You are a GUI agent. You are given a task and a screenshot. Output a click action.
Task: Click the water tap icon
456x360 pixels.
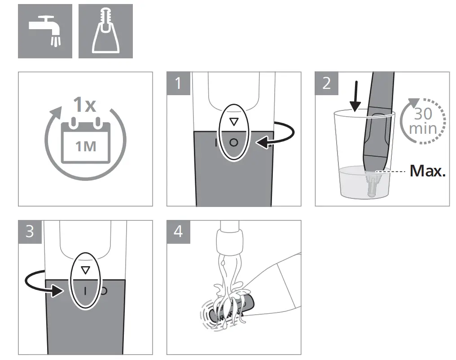click(45, 31)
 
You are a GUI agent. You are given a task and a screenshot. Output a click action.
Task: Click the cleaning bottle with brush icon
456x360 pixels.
click(105, 31)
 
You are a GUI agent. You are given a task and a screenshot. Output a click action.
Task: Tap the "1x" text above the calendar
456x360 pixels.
click(85, 105)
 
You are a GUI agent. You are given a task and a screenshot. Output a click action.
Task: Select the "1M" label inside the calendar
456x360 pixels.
click(86, 146)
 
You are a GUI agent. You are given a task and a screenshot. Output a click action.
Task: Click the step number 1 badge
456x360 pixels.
click(178, 83)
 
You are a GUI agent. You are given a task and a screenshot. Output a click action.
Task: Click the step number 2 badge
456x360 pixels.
click(326, 83)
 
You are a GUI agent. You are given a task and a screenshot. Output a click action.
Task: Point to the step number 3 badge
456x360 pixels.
click(30, 232)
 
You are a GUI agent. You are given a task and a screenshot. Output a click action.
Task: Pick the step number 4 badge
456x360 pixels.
click(178, 232)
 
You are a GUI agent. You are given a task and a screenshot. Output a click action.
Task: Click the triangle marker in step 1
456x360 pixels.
click(232, 122)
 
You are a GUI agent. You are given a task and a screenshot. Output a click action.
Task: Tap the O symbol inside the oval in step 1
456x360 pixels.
click(233, 143)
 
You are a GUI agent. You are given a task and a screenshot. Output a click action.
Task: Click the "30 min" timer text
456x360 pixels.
click(423, 121)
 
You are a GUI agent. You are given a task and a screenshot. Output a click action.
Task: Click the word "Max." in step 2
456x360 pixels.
click(427, 171)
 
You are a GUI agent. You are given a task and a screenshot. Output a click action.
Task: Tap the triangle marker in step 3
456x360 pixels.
click(85, 270)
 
